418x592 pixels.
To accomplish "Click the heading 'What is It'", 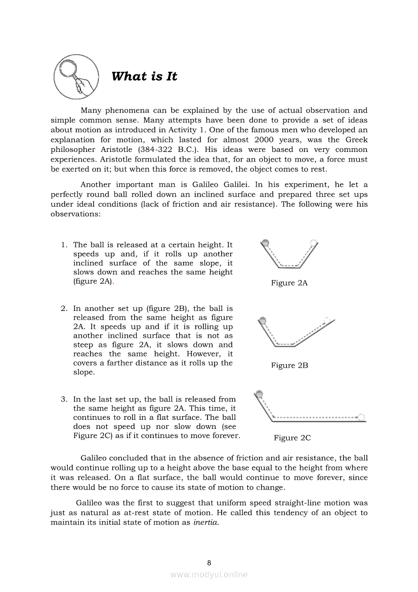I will click(144, 76).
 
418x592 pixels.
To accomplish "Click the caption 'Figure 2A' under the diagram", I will click(289, 283).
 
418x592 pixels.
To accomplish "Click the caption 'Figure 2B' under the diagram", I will click(289, 365).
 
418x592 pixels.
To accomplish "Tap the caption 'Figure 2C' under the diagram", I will click(292, 438).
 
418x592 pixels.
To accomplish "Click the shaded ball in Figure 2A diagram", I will click(266, 242).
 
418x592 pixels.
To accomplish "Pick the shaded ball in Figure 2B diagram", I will click(263, 320).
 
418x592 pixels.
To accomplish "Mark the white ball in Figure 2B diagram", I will click(327, 320).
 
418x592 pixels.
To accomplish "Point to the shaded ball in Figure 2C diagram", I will click(260, 393).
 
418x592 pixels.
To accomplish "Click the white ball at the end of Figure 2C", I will click(362, 418).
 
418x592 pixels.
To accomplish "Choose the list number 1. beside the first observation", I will click(64, 245).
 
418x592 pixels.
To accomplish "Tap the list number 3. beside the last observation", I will click(64, 400).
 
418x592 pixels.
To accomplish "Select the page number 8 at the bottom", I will click(209, 562).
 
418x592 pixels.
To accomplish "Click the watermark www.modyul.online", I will click(209, 574).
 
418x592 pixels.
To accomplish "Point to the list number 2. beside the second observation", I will click(64, 308).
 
